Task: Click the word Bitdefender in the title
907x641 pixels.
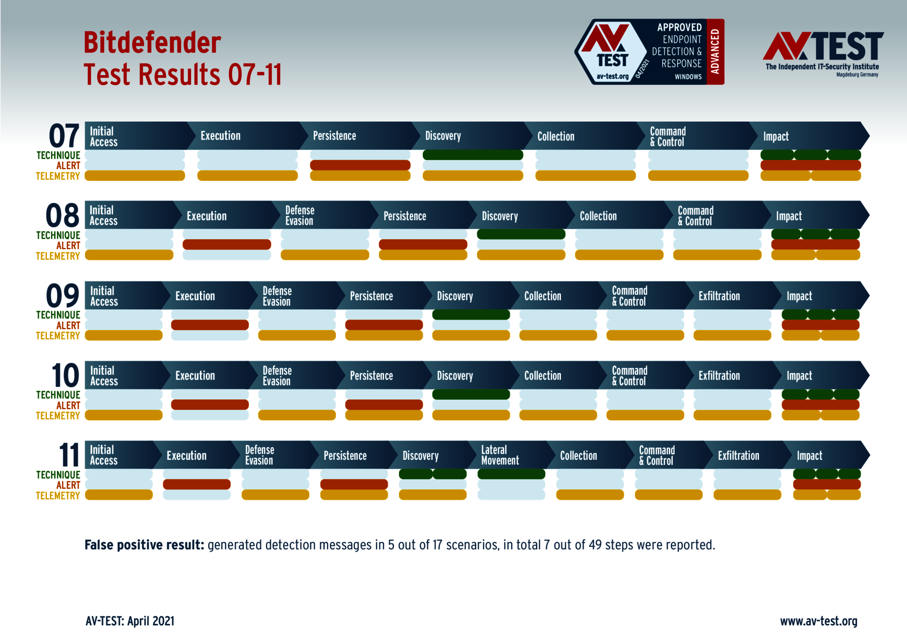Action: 152,42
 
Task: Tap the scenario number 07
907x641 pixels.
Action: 64,136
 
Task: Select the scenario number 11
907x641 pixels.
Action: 70,455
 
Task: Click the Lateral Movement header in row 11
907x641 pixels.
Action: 500,455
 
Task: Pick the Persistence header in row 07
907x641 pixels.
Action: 335,136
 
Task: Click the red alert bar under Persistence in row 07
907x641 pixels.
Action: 360,165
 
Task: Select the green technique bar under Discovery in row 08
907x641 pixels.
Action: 521,234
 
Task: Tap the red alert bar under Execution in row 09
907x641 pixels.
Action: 210,325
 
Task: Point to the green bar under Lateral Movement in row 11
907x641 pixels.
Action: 511,474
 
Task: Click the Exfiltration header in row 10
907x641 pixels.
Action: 719,376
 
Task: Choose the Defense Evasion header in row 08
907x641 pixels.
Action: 300,216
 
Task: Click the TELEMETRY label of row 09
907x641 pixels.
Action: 58,336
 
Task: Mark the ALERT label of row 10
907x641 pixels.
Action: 68,405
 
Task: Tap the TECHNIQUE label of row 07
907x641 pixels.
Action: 58,156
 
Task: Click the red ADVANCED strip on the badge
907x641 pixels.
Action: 716,52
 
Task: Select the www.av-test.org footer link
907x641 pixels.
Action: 819,621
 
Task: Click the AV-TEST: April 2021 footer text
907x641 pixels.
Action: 130,621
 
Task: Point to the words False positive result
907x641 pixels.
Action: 144,545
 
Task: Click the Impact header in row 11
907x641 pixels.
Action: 809,456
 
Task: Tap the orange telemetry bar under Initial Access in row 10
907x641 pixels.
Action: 124,415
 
